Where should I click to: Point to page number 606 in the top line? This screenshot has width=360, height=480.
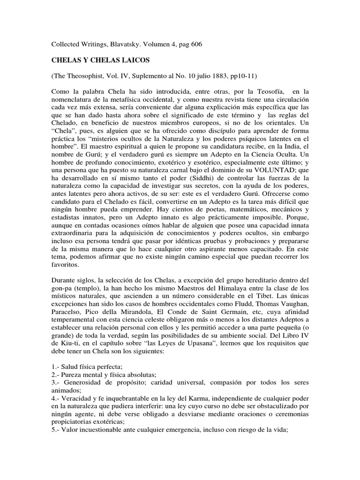tap(196, 44)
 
